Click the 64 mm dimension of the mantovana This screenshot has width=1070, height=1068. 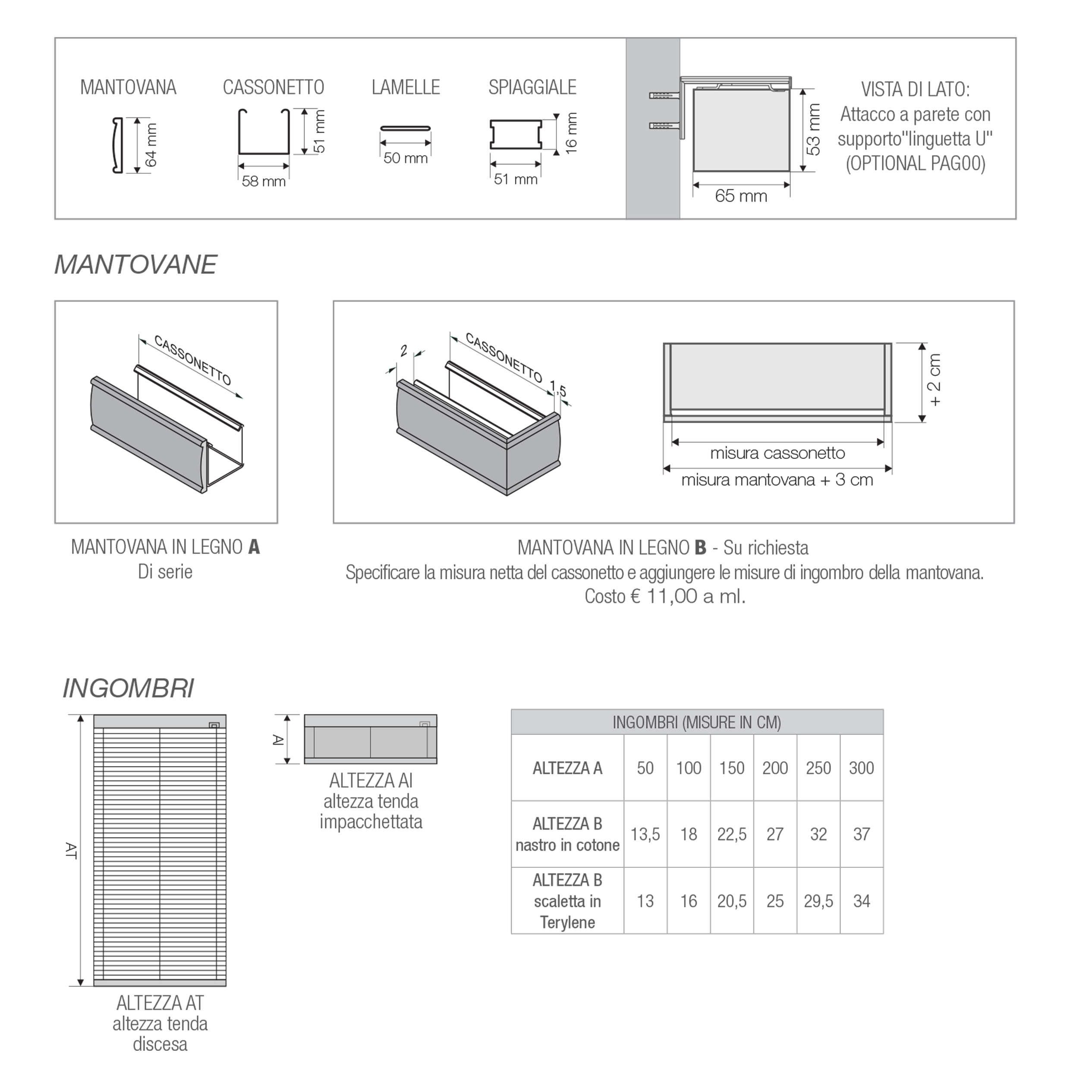coord(151,145)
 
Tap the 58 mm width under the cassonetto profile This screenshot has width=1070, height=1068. coord(264,181)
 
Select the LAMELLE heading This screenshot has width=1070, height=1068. coord(406,88)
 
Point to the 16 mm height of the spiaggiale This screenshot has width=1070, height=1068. coord(572,133)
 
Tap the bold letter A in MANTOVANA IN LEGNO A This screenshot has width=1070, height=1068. coord(254,547)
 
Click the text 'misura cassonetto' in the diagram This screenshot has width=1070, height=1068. coord(777,453)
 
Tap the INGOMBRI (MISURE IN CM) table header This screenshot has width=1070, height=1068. coord(696,722)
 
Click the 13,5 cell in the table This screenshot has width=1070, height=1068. coord(645,834)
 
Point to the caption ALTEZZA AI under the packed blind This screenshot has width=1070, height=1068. coord(371,780)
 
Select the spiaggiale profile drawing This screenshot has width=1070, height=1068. coord(515,135)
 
